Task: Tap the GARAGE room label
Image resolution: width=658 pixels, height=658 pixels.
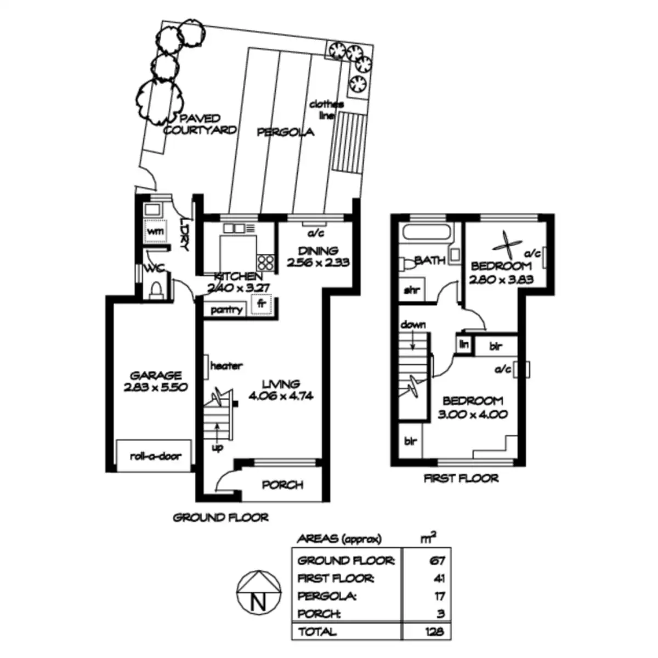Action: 156,376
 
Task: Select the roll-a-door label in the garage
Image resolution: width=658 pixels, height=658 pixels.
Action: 156,456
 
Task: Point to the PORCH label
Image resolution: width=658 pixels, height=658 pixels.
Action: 282,485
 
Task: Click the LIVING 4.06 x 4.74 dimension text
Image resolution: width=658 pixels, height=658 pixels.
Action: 281,395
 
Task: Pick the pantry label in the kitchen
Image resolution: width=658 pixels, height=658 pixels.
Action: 226,310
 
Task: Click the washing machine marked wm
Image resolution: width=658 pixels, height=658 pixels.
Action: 156,231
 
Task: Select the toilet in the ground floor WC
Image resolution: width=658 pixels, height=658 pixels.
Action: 155,289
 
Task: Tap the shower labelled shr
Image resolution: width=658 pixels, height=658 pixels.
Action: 411,290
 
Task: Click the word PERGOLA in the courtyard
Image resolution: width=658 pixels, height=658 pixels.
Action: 286,132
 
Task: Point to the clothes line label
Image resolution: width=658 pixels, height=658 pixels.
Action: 326,109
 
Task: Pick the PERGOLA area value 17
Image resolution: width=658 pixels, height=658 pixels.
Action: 439,596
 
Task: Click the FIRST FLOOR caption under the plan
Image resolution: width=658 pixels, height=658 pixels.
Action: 461,478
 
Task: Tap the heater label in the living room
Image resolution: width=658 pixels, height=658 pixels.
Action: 226,366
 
